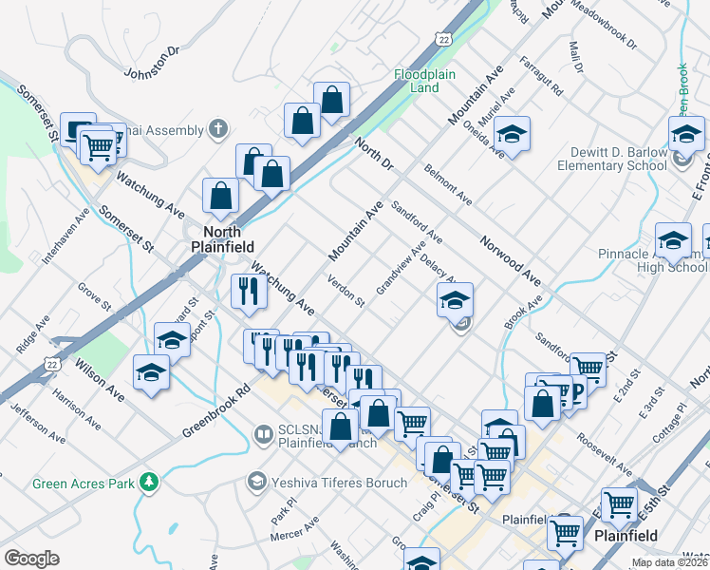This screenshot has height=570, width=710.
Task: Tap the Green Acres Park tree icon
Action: point(149,482)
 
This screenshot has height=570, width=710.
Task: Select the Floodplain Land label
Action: point(417,81)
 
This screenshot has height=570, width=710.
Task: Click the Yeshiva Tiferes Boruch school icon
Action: point(255,482)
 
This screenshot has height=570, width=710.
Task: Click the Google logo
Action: point(31,558)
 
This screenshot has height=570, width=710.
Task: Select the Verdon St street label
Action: point(346,291)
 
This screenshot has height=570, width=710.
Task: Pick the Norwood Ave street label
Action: point(510,260)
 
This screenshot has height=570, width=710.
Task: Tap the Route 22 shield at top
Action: point(444,38)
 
